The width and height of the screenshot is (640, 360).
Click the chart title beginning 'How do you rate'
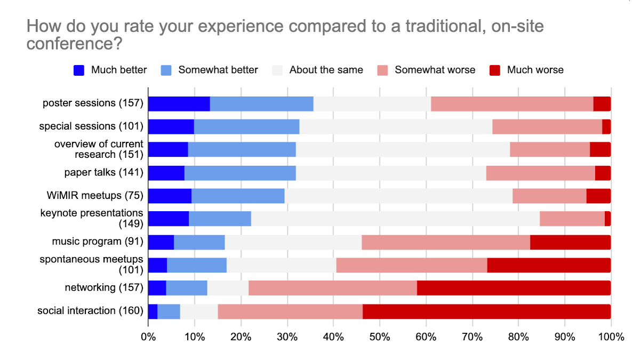pyautogui.click(x=285, y=35)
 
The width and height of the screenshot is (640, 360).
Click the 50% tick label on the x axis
pyautogui.click(x=379, y=337)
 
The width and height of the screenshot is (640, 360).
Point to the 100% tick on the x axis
pyautogui.click(x=611, y=337)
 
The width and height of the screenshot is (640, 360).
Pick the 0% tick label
pyautogui.click(x=148, y=337)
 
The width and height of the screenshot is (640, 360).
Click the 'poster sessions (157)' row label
pyautogui.click(x=93, y=103)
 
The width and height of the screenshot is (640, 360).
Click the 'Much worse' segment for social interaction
pyautogui.click(x=486, y=311)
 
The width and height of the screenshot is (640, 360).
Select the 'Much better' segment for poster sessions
pyautogui.click(x=179, y=103)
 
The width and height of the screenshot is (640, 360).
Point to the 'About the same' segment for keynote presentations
pyautogui.click(x=395, y=219)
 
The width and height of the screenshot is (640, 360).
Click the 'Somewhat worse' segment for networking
pyautogui.click(x=332, y=289)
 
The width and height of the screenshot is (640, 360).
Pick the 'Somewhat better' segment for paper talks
pyautogui.click(x=240, y=173)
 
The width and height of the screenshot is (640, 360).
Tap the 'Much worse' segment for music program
pyautogui.click(x=570, y=242)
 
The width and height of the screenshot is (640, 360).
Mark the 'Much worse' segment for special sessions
pyautogui.click(x=606, y=127)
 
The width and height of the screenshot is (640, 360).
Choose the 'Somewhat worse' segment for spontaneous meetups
pyautogui.click(x=411, y=265)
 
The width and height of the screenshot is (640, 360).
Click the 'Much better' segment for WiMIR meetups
pyautogui.click(x=170, y=196)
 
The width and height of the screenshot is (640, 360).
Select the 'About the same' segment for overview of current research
pyautogui.click(x=403, y=150)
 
